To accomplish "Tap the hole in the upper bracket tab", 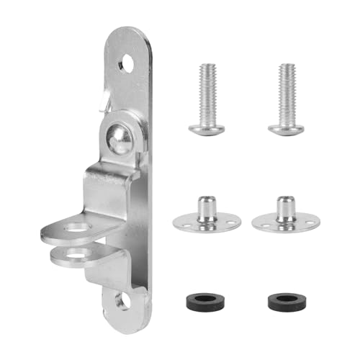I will coord(74,229).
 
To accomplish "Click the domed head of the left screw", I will coord(207,128).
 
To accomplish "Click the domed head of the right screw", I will coord(286,128).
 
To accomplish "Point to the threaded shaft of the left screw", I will coord(207,86).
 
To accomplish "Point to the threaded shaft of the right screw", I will coord(287,86).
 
